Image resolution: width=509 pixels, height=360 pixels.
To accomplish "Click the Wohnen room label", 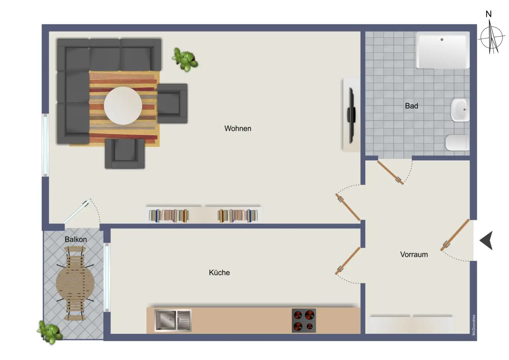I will [x=238, y=128].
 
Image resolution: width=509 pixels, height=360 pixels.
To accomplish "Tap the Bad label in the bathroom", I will [x=411, y=106].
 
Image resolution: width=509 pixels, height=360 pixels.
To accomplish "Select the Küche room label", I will [x=219, y=272].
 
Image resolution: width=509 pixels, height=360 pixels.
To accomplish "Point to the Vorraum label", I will [x=414, y=255].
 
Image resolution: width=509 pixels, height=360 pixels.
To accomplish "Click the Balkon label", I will [x=76, y=239].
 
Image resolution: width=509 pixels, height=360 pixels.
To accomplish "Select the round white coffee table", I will [x=123, y=106].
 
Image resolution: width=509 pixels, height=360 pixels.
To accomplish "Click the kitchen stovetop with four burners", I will [x=304, y=321].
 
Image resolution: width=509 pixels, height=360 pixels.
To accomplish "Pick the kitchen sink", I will [x=173, y=320].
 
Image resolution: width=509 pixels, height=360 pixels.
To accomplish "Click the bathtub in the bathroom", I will [x=442, y=50].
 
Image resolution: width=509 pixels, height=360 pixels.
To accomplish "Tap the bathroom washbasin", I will [x=460, y=110].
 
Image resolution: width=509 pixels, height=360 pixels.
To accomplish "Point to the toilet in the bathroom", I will [x=457, y=143].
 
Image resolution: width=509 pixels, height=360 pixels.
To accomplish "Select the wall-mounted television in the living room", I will [x=351, y=115].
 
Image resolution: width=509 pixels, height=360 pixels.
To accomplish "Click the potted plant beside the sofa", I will [x=185, y=59].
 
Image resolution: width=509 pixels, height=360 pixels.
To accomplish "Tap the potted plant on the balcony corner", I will [x=50, y=332].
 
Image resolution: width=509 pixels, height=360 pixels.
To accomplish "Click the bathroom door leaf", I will [x=390, y=172].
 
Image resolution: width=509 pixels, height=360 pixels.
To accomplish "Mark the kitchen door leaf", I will [x=348, y=261].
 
